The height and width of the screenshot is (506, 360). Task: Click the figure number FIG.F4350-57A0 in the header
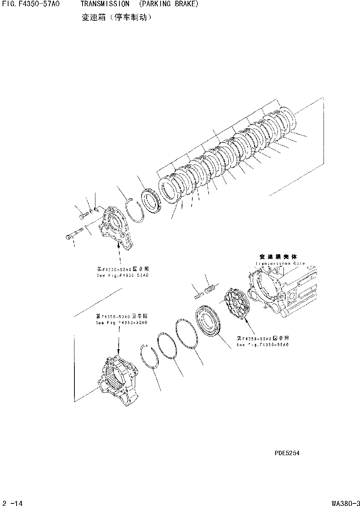[31, 4]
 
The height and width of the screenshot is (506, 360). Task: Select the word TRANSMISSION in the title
[105, 4]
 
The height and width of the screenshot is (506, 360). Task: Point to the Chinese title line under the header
[116, 17]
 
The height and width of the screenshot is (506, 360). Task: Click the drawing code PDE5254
[287, 453]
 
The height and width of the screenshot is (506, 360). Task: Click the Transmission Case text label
[280, 264]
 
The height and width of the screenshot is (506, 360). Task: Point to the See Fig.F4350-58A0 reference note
[262, 345]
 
